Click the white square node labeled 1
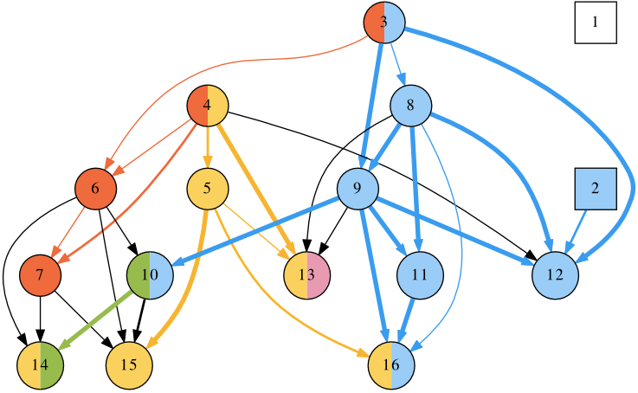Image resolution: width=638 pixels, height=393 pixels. click(595, 23)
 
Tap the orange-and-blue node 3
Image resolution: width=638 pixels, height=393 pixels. click(383, 23)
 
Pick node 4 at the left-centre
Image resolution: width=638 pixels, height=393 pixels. click(208, 106)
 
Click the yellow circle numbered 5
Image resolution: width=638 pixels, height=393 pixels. click(208, 189)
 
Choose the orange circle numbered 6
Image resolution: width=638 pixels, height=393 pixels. click(96, 189)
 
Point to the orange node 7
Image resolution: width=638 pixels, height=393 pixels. click(41, 275)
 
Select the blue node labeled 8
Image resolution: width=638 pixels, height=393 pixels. click(411, 106)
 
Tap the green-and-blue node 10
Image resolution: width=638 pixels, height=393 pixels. click(151, 275)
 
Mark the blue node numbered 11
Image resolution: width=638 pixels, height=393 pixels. click(420, 275)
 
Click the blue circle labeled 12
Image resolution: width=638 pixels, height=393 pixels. click(555, 275)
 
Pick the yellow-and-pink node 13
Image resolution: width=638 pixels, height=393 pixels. click(307, 275)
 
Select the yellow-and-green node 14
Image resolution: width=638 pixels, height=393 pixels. click(41, 364)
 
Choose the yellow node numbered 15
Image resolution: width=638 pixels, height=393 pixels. click(130, 364)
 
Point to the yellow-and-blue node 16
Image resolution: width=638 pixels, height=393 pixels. click(391, 364)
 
